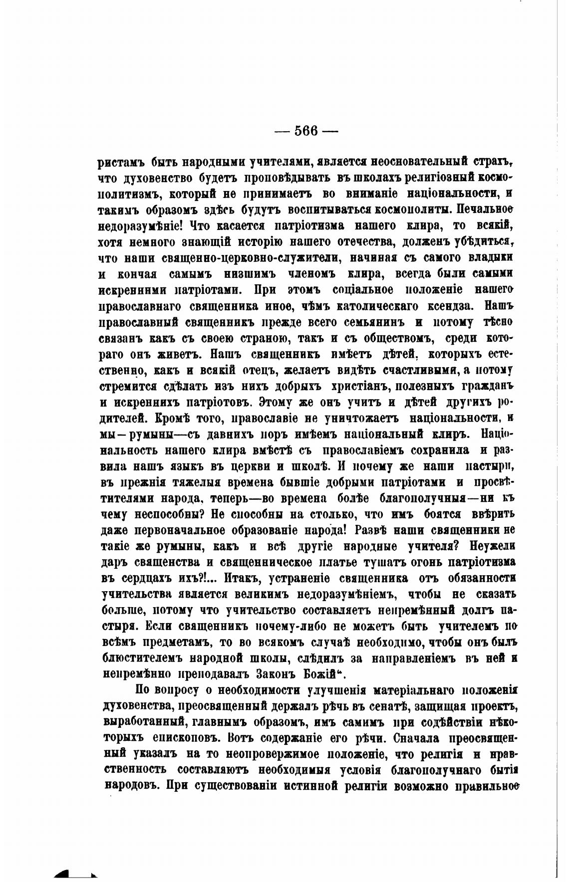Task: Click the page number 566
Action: (306, 131)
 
